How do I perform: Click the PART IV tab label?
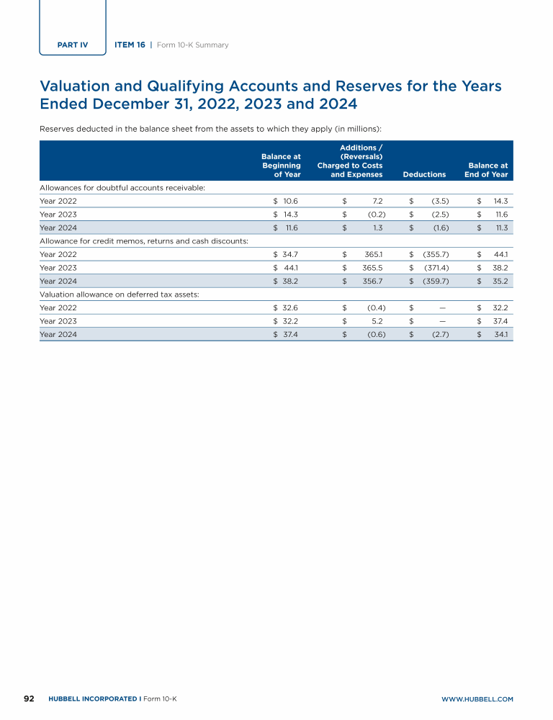click(72, 45)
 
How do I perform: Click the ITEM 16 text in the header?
click(130, 45)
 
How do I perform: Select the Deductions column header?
click(425, 174)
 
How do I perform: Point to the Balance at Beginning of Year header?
click(281, 165)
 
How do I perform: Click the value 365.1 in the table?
click(372, 254)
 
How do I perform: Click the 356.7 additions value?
click(372, 281)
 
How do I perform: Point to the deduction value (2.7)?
click(440, 334)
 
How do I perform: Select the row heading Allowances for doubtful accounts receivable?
click(123, 187)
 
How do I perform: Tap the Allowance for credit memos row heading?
click(144, 240)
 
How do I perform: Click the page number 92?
click(30, 698)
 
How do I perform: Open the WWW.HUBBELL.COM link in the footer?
click(477, 699)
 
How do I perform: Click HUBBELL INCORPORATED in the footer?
click(93, 699)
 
